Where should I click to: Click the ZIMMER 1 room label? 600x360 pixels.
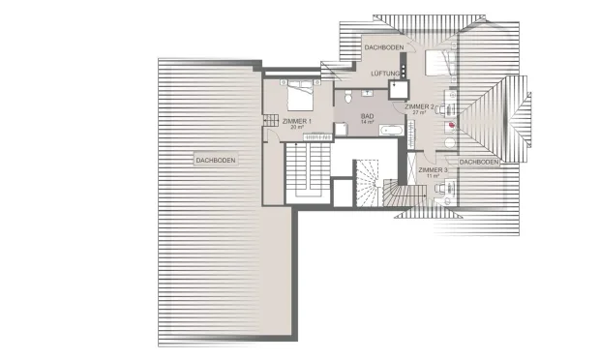(x=297, y=121)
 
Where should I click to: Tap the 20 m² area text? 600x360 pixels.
(x=297, y=127)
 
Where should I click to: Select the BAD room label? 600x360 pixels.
(x=367, y=116)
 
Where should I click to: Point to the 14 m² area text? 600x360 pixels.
(x=367, y=122)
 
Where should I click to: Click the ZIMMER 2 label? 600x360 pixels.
(x=419, y=106)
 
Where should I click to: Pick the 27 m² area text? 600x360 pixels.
(x=419, y=112)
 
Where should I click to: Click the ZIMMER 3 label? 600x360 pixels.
(x=433, y=170)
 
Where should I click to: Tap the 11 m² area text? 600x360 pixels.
(x=433, y=176)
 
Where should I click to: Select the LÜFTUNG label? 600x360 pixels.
(x=385, y=74)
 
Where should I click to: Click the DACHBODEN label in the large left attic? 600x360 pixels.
(x=216, y=160)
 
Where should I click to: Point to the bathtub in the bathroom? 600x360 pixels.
(x=391, y=130)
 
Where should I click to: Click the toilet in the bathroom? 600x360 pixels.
(x=348, y=97)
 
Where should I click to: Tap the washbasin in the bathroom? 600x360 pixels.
(x=368, y=93)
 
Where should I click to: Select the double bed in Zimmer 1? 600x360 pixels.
(x=300, y=96)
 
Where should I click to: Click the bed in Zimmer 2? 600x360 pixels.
(x=441, y=63)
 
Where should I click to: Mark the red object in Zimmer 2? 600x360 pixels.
(x=452, y=125)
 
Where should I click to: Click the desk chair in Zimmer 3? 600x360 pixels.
(x=439, y=188)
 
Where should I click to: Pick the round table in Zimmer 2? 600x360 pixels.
(x=450, y=143)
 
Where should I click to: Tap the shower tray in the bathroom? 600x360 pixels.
(x=341, y=130)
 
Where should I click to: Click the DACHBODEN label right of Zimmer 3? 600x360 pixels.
(x=479, y=163)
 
